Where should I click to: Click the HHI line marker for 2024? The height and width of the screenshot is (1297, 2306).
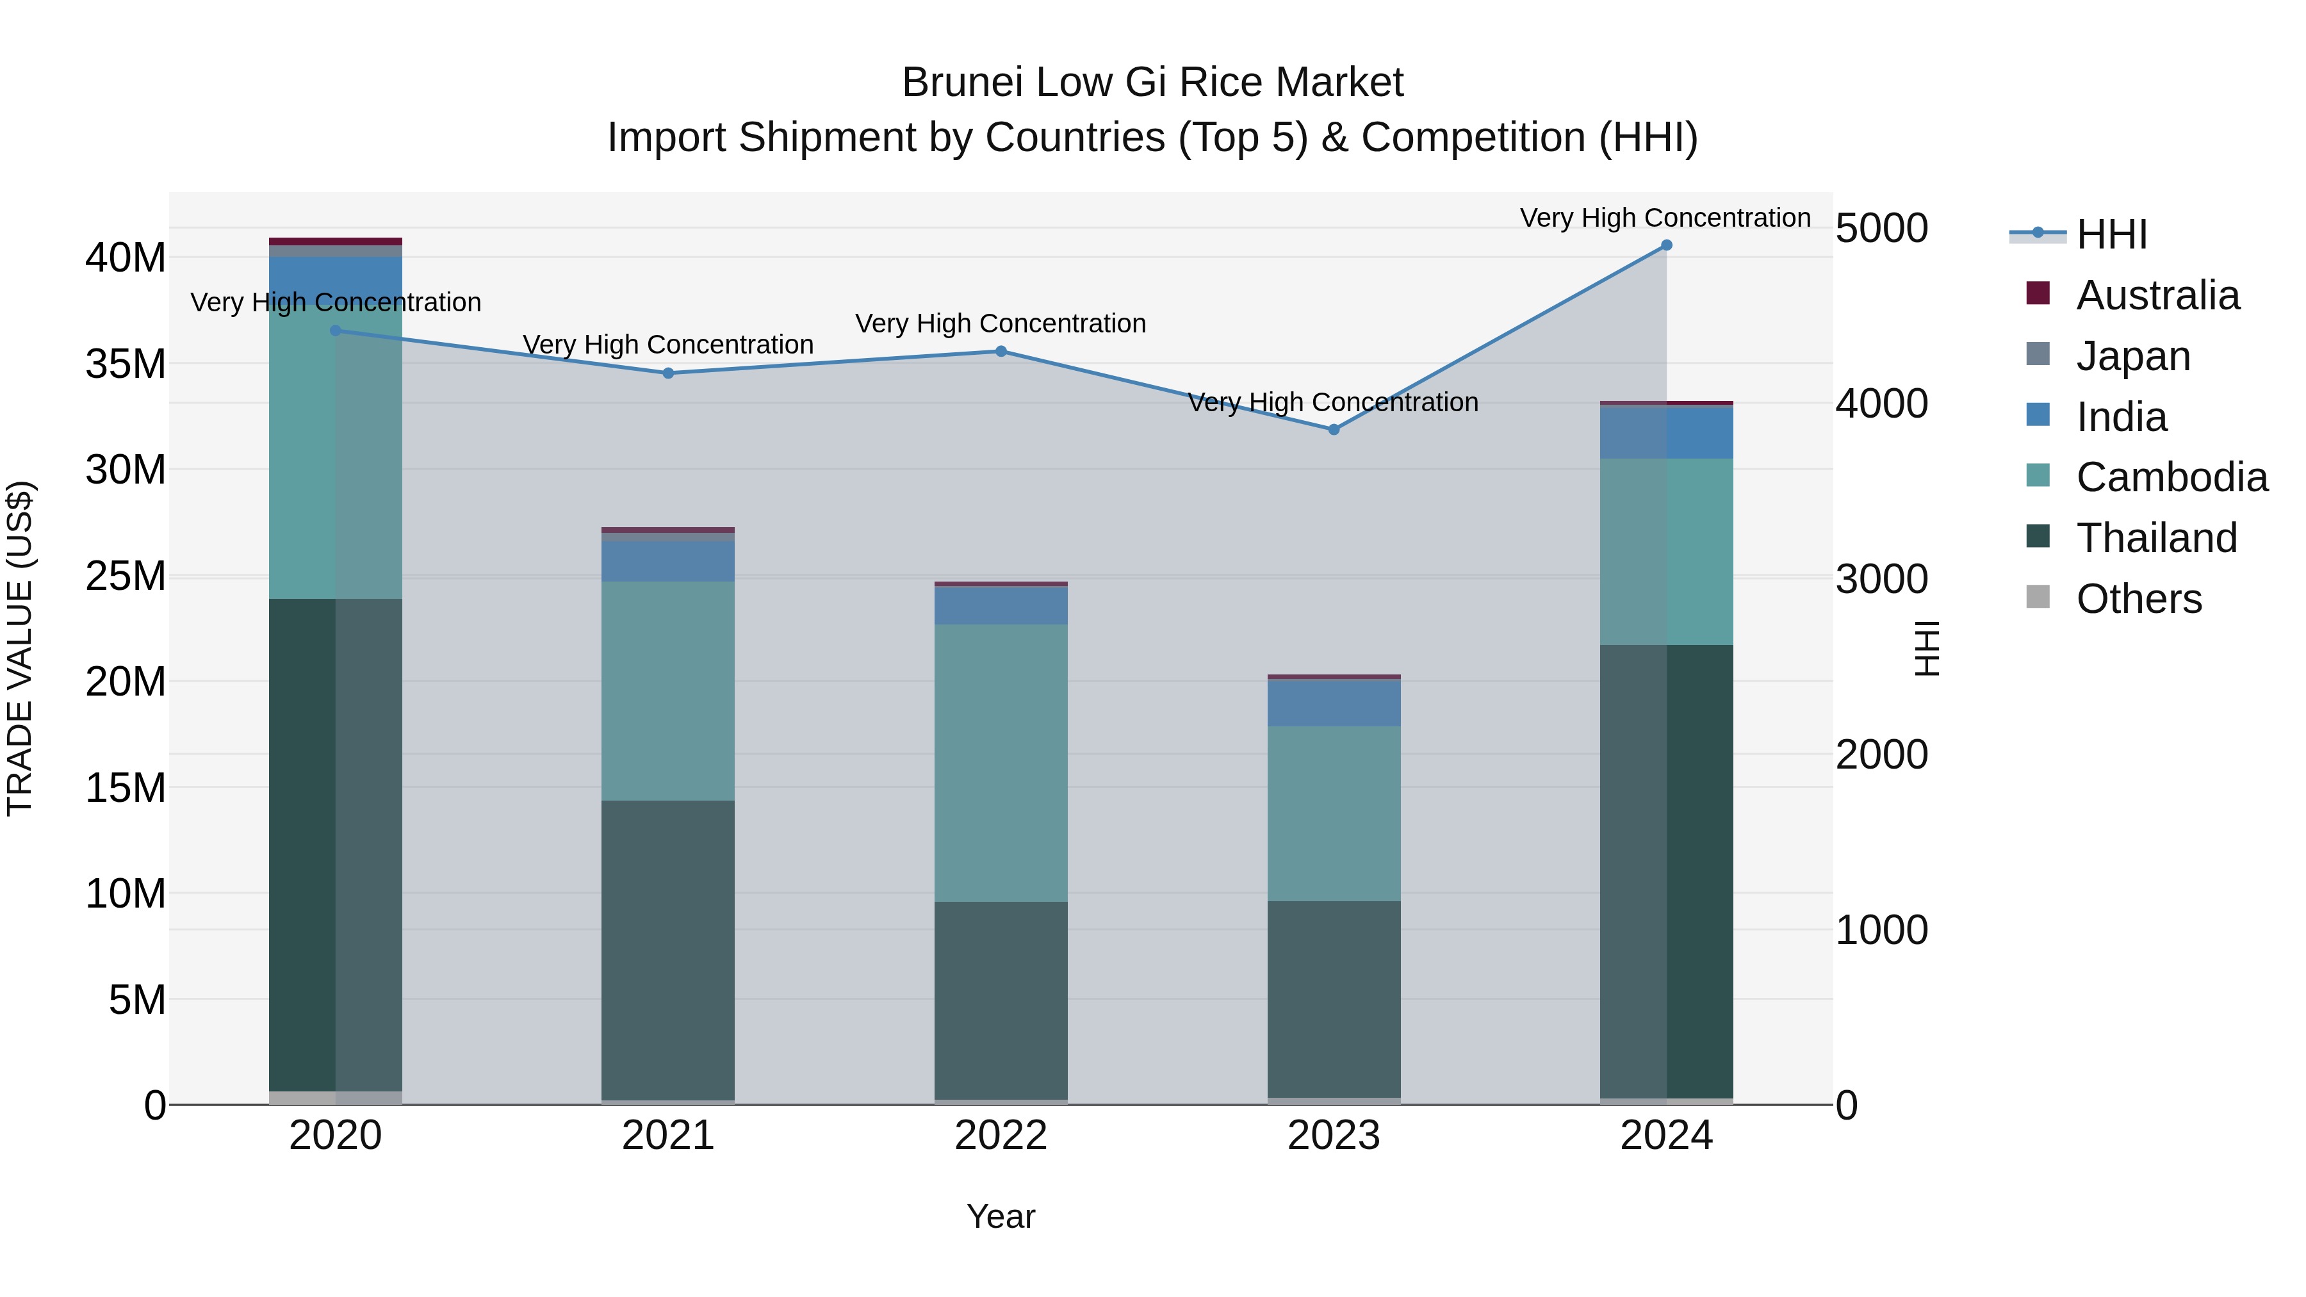click(1666, 245)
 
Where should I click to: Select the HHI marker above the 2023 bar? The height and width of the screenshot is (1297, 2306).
click(1334, 430)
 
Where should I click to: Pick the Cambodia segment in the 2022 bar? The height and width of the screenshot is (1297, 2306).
click(1001, 763)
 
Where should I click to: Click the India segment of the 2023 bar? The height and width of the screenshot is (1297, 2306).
click(1334, 703)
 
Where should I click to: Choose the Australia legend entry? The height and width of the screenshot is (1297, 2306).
click(2157, 295)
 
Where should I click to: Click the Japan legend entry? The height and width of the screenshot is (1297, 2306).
click(2132, 356)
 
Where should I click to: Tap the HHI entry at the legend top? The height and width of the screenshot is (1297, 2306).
click(2111, 234)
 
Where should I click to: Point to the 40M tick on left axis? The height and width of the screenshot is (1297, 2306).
click(126, 257)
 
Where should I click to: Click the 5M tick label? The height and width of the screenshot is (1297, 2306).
click(137, 1000)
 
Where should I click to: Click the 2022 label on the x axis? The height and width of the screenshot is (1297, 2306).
click(1001, 1136)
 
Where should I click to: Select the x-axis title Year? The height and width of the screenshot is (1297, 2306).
click(1001, 1216)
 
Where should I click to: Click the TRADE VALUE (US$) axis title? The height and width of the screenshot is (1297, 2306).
click(20, 648)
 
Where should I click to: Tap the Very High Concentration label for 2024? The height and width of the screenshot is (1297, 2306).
click(1665, 218)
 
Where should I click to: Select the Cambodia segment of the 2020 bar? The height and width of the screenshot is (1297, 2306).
click(336, 452)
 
